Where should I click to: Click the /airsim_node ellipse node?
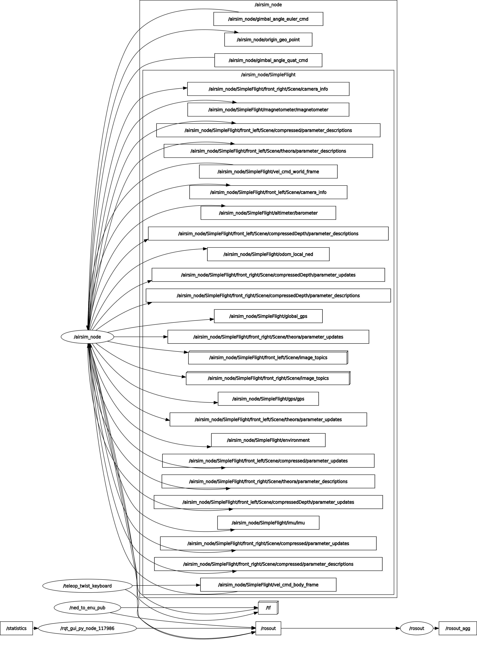point(87,337)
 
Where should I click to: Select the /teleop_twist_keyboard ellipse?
point(87,586)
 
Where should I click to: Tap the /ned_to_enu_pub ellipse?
point(87,608)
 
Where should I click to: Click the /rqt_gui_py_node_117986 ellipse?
point(87,628)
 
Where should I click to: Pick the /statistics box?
point(16,628)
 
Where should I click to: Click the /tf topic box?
point(268,608)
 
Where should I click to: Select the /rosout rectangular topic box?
point(268,628)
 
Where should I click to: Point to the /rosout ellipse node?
point(416,628)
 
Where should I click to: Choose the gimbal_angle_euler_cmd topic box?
point(268,19)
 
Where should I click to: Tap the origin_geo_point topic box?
point(268,40)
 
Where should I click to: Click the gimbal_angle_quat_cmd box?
point(268,60)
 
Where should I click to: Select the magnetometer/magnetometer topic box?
point(268,110)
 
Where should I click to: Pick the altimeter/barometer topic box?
point(268,213)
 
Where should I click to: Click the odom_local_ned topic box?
point(268,254)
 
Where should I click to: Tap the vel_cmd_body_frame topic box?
point(268,585)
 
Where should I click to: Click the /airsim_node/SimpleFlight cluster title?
point(268,75)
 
